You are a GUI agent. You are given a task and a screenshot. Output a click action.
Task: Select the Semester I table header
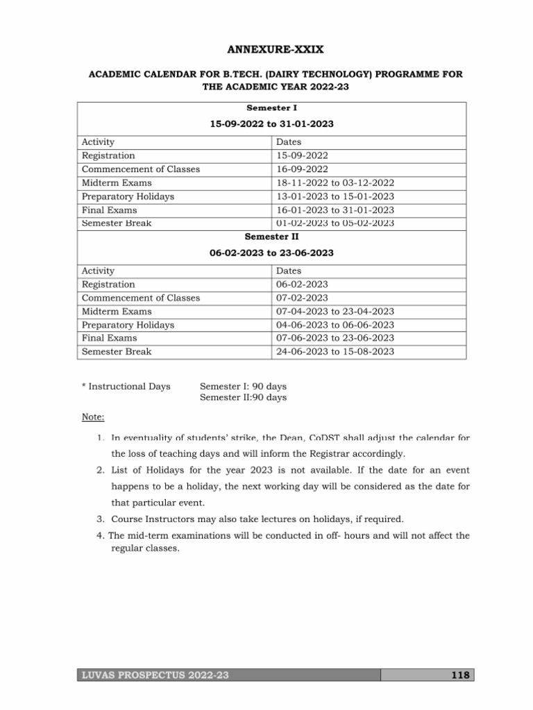click(271, 109)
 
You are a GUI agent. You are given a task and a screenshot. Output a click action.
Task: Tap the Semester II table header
click(271, 236)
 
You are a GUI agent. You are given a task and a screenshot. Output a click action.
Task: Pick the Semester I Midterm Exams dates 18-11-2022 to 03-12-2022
click(335, 183)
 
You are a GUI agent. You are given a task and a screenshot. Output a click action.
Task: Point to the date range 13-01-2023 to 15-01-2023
click(335, 196)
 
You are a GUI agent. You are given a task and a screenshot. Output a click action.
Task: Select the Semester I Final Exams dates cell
click(335, 210)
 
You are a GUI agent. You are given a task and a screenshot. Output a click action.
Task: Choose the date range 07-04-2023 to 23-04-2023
click(335, 311)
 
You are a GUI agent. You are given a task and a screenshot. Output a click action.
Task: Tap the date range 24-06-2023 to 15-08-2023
click(335, 352)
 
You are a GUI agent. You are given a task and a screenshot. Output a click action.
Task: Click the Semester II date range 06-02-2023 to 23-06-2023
click(271, 253)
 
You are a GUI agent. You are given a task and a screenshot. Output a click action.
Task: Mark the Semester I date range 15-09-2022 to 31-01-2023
click(271, 124)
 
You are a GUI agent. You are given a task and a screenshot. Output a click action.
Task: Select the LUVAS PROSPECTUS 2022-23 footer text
click(156, 675)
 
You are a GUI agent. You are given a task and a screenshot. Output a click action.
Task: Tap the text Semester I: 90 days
click(243, 386)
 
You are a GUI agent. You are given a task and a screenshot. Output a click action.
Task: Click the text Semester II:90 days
click(243, 398)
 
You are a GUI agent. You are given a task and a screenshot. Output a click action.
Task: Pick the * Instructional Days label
click(126, 386)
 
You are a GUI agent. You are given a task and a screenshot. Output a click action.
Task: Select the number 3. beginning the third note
click(101, 518)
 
